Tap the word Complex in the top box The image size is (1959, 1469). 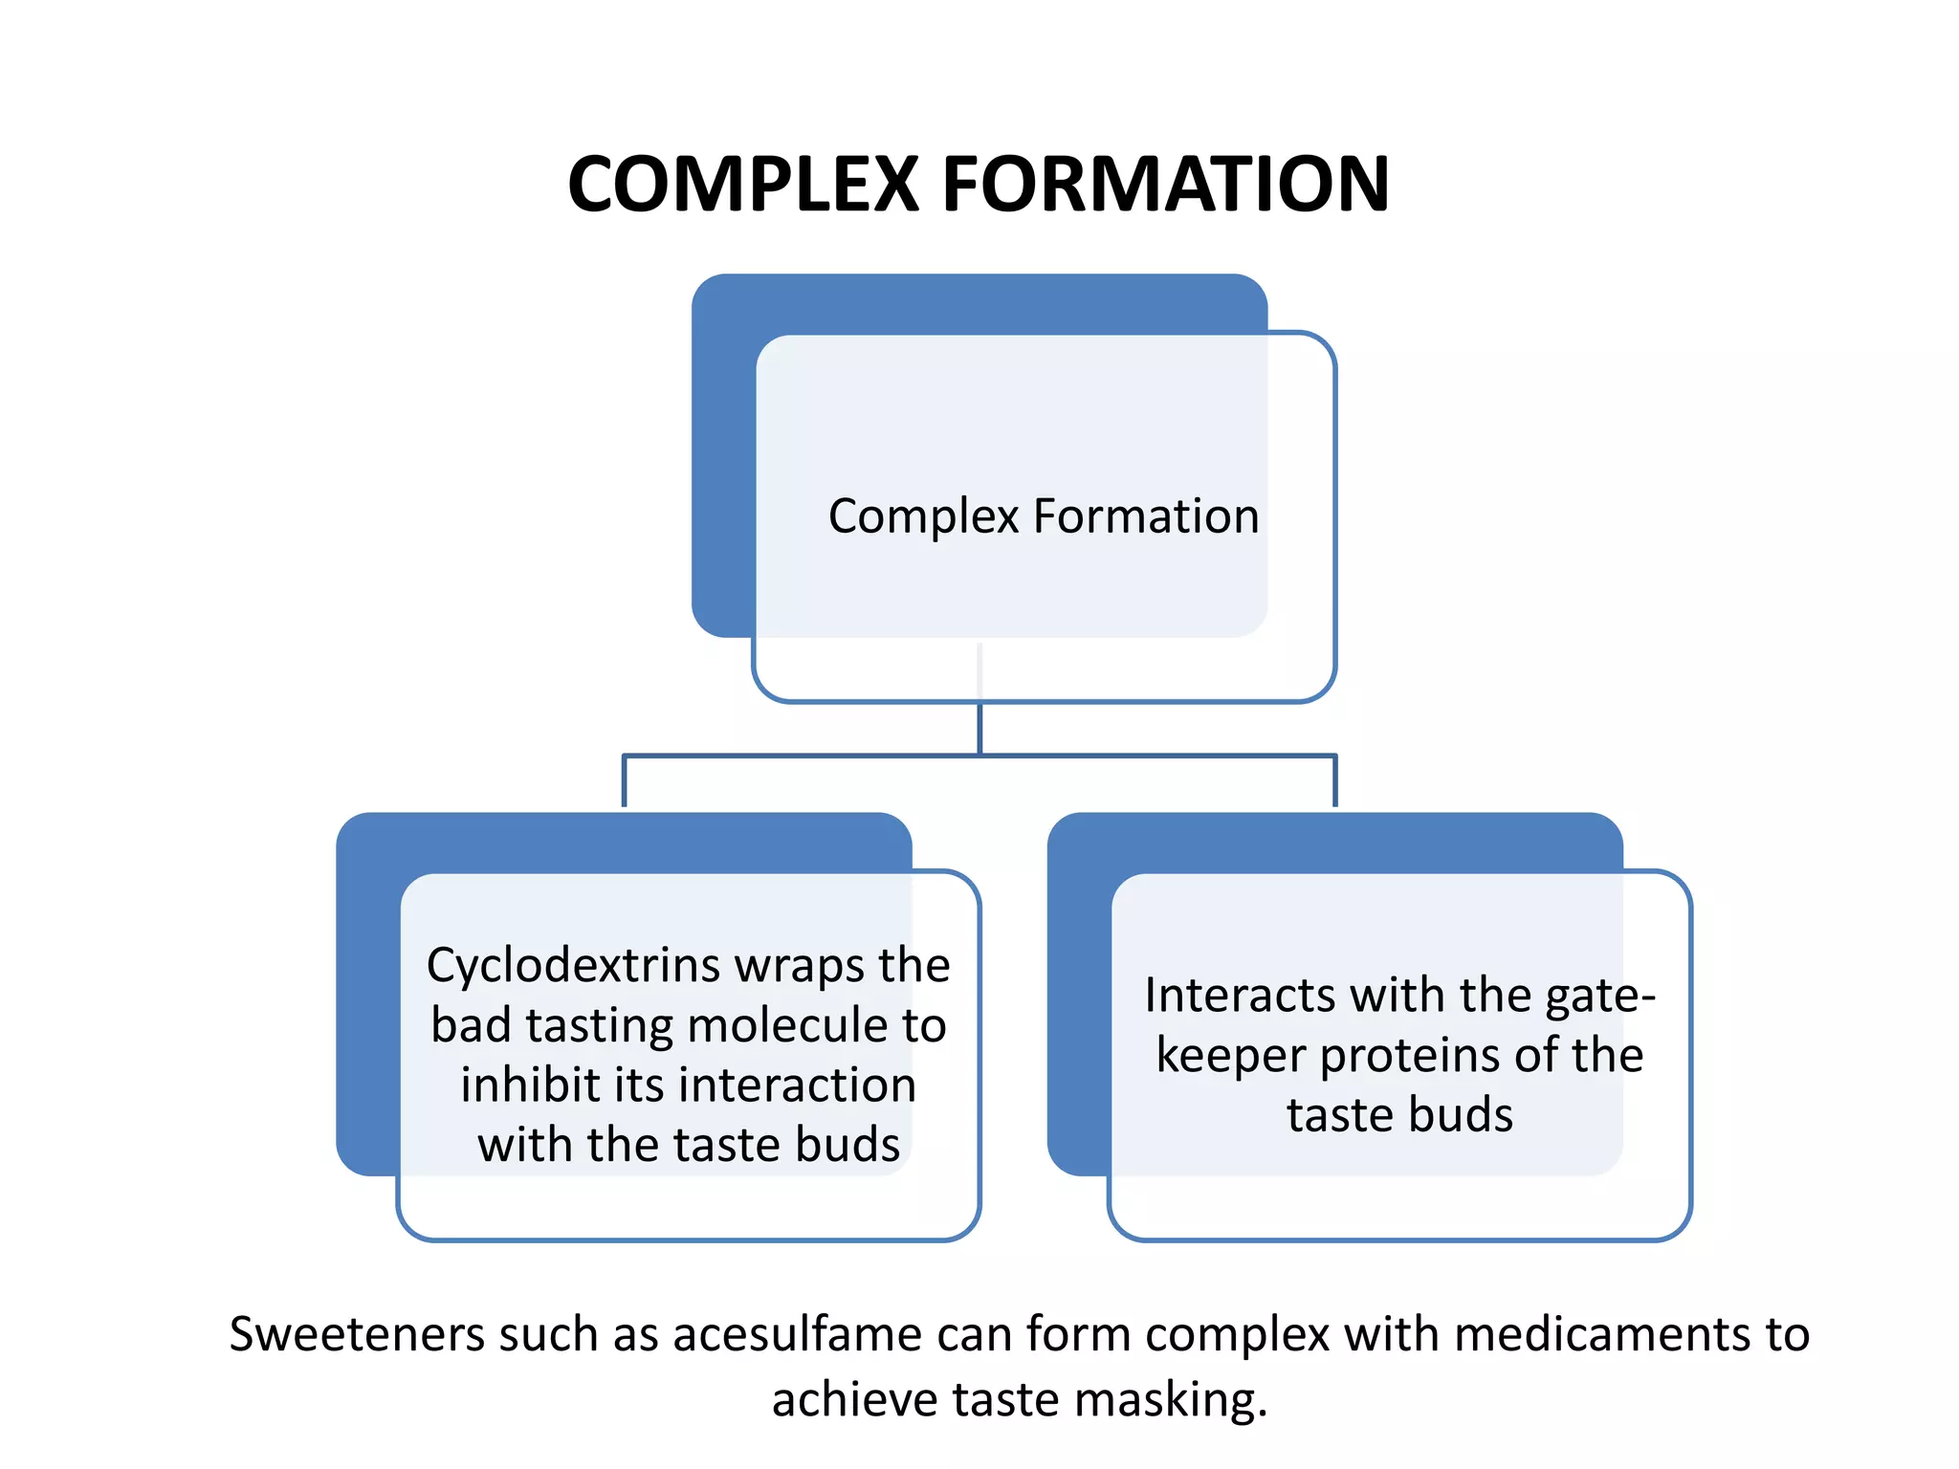click(x=924, y=517)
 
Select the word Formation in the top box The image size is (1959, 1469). click(x=1146, y=516)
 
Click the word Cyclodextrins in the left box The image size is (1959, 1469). click(x=574, y=966)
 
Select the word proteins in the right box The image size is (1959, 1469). click(x=1409, y=1056)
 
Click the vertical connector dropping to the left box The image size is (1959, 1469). click(x=625, y=781)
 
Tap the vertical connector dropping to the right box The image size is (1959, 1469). click(x=1334, y=781)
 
